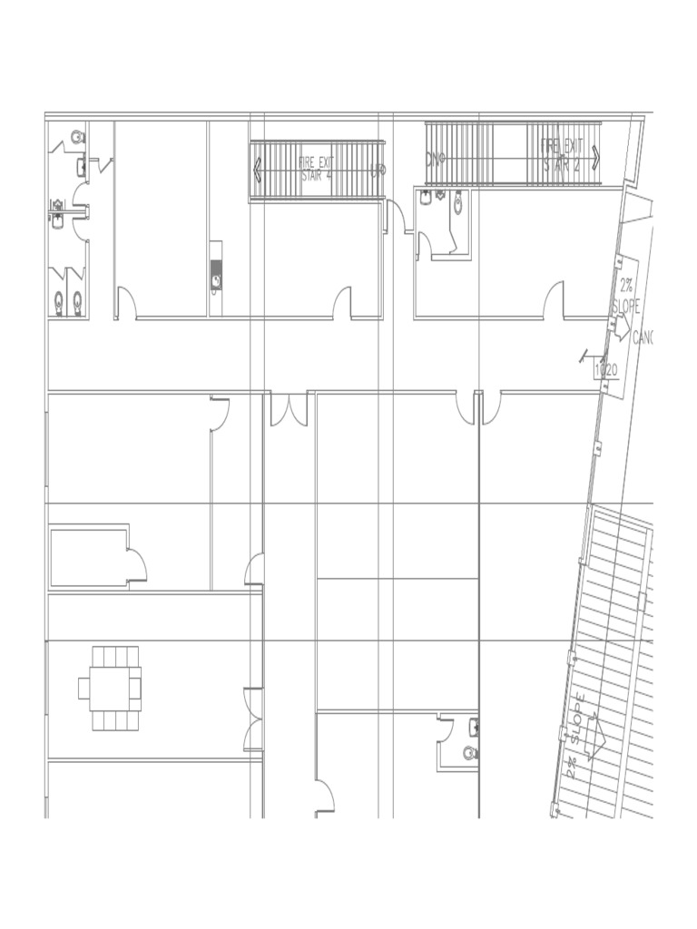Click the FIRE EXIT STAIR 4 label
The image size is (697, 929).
tap(317, 169)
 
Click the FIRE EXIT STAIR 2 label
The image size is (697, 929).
tap(563, 155)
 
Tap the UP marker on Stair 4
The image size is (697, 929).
tap(378, 170)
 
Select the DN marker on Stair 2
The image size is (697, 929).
tap(435, 160)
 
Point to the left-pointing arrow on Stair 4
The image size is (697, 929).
tap(258, 170)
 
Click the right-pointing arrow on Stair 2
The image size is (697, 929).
tap(595, 157)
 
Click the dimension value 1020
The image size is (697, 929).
tap(605, 370)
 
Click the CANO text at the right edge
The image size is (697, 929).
tap(643, 338)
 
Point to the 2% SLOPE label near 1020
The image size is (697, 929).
tap(626, 296)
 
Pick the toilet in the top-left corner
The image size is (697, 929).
tap(77, 137)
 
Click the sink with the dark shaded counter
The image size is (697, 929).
tap(216, 279)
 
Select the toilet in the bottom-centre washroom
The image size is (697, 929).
tap(469, 752)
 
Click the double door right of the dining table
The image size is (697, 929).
tap(252, 719)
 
